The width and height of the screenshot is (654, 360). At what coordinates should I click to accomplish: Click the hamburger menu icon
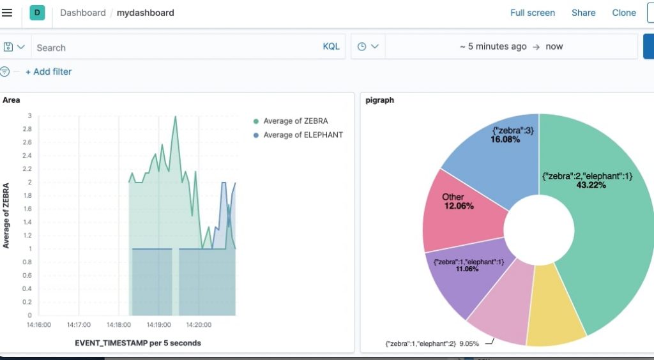point(7,13)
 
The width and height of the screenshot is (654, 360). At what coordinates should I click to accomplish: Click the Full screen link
point(532,13)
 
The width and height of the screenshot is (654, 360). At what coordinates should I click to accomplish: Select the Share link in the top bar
point(583,13)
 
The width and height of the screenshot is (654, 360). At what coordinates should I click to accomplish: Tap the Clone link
point(623,13)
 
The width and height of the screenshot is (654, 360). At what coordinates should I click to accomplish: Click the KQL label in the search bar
point(331,47)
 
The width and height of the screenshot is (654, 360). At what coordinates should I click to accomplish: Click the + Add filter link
point(49,71)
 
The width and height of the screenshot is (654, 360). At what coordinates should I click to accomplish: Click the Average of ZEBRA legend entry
point(295,121)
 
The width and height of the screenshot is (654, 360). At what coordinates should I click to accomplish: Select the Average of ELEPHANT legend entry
point(303,135)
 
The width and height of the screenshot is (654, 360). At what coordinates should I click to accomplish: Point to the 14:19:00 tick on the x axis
point(158,325)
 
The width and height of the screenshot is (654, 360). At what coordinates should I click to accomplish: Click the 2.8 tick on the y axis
point(26,129)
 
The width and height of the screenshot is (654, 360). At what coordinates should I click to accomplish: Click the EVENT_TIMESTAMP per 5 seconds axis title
point(138,343)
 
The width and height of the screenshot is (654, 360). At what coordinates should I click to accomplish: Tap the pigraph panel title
point(379,100)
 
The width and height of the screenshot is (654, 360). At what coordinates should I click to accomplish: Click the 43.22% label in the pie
point(591,185)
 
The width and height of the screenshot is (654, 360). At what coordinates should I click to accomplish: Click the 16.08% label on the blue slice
point(505,139)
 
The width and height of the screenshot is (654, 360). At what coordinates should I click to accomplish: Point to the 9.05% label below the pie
point(469,343)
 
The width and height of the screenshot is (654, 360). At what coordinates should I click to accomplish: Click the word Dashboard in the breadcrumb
point(83,13)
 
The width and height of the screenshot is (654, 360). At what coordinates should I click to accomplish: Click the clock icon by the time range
point(362,47)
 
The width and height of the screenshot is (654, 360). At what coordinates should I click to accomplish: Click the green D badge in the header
point(37,13)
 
